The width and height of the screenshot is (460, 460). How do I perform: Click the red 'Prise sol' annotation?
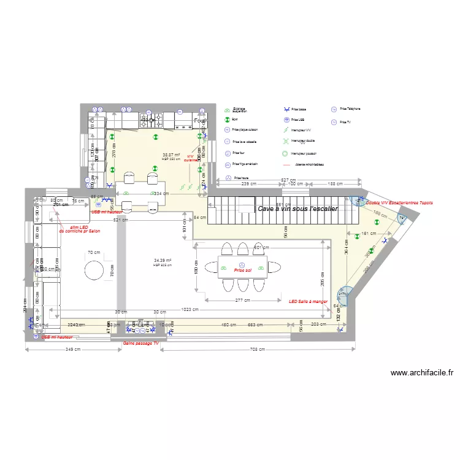243,270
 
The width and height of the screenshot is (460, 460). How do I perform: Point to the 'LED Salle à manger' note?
309,301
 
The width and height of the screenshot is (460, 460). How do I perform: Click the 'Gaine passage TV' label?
141,343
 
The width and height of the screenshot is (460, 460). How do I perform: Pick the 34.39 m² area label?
162,261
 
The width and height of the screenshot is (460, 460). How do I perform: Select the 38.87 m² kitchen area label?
171,155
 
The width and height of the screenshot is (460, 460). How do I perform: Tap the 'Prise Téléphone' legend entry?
350,109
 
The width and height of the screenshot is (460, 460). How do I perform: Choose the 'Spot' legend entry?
234,120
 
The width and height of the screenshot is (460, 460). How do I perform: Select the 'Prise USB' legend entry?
298,120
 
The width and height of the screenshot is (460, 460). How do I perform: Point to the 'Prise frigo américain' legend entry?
245,164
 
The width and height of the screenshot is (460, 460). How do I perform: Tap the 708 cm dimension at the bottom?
258,350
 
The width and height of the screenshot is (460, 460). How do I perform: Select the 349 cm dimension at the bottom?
72,350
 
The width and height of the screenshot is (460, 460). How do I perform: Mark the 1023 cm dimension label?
191,310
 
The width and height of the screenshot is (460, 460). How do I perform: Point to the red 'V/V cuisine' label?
190,158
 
